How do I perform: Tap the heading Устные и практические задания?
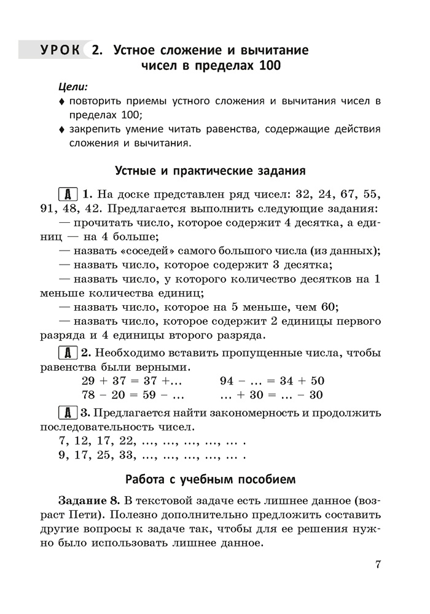tap(211, 169)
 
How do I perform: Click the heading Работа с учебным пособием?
tap(211, 478)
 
